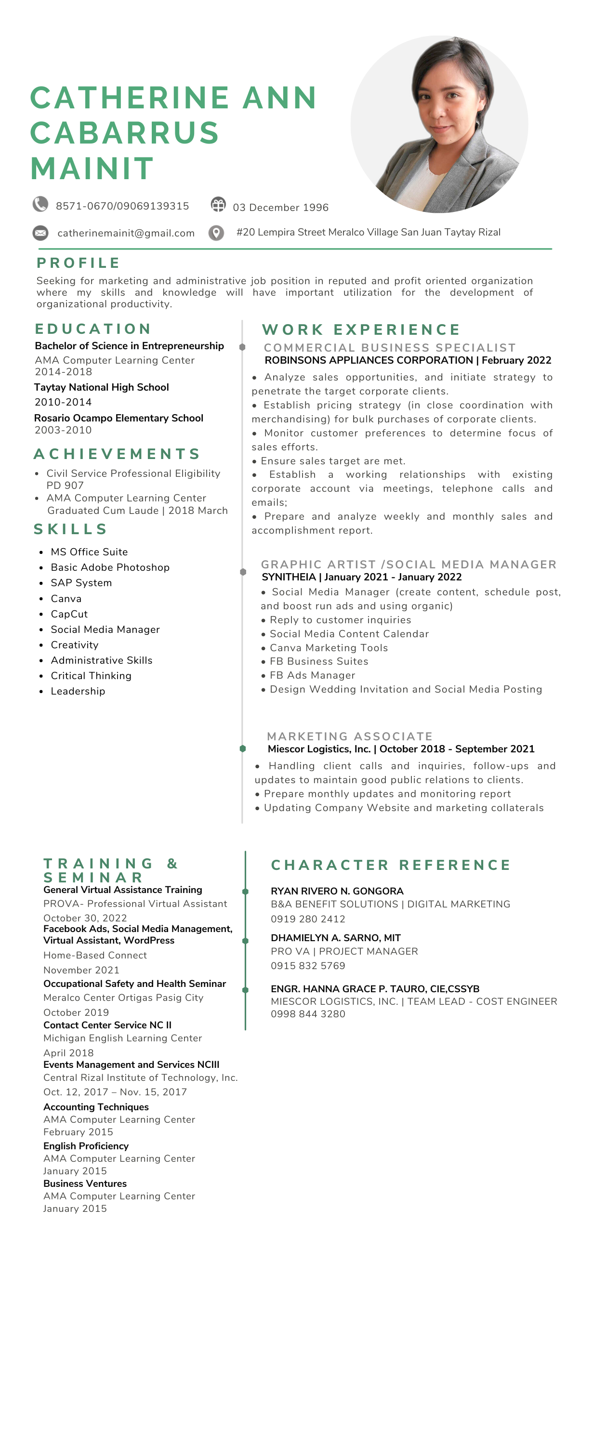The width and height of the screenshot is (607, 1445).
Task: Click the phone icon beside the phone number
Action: click(x=40, y=204)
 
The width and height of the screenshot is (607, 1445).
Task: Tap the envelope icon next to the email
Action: click(x=40, y=232)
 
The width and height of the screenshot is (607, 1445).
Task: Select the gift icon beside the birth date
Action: click(x=218, y=205)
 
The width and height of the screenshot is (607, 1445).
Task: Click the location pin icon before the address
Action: click(x=216, y=232)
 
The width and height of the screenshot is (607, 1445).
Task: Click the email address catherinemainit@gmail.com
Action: click(x=126, y=233)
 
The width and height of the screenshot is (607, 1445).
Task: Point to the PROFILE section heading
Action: click(x=79, y=263)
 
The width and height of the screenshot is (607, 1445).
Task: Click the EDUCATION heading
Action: click(x=93, y=328)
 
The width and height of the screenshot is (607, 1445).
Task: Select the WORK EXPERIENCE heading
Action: click(x=361, y=329)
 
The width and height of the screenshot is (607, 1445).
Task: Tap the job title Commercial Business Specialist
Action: click(x=390, y=348)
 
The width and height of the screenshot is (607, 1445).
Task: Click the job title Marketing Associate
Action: click(x=349, y=736)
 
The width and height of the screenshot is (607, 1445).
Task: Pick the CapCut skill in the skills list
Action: click(x=69, y=614)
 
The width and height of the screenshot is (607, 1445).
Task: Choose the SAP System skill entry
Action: click(x=81, y=583)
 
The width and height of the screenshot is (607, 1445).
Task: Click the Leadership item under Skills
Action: click(x=78, y=691)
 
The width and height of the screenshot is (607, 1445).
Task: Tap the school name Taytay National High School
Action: click(x=102, y=387)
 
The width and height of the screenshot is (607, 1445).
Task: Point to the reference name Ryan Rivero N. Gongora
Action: click(x=337, y=891)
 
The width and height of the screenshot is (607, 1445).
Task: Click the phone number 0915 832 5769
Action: click(x=308, y=965)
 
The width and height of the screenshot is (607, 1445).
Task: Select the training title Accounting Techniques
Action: click(x=96, y=1107)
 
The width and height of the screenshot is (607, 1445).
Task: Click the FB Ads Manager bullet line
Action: click(x=313, y=675)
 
